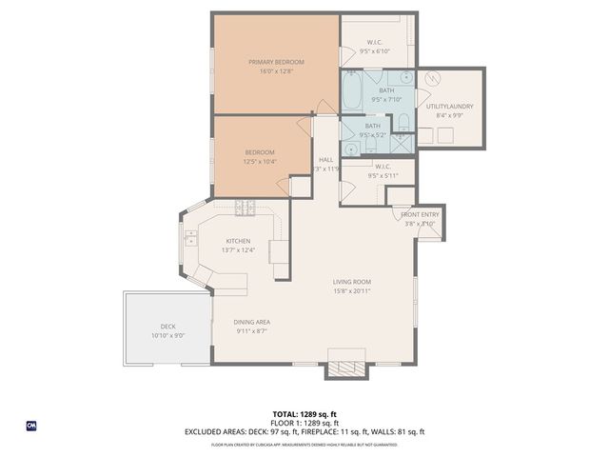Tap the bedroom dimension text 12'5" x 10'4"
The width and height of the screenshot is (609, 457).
pyautogui.click(x=260, y=162)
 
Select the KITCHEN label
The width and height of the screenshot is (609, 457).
pyautogui.click(x=238, y=241)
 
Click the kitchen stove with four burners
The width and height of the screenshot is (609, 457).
pyautogui.click(x=246, y=207)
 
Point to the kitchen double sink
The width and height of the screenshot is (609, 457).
pyautogui.click(x=190, y=237)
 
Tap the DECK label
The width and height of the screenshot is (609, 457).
pyautogui.click(x=167, y=327)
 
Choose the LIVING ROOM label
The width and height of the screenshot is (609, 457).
pyautogui.click(x=351, y=282)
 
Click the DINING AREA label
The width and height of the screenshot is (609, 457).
pyautogui.click(x=252, y=322)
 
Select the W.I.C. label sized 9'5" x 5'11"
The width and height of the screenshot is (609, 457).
pyautogui.click(x=371, y=167)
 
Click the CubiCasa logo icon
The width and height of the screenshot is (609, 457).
pyautogui.click(x=31, y=426)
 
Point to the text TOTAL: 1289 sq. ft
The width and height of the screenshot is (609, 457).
pyautogui.click(x=304, y=414)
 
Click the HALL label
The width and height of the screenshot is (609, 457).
pyautogui.click(x=325, y=159)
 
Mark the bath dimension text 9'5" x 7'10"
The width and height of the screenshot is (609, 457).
pyautogui.click(x=387, y=98)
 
